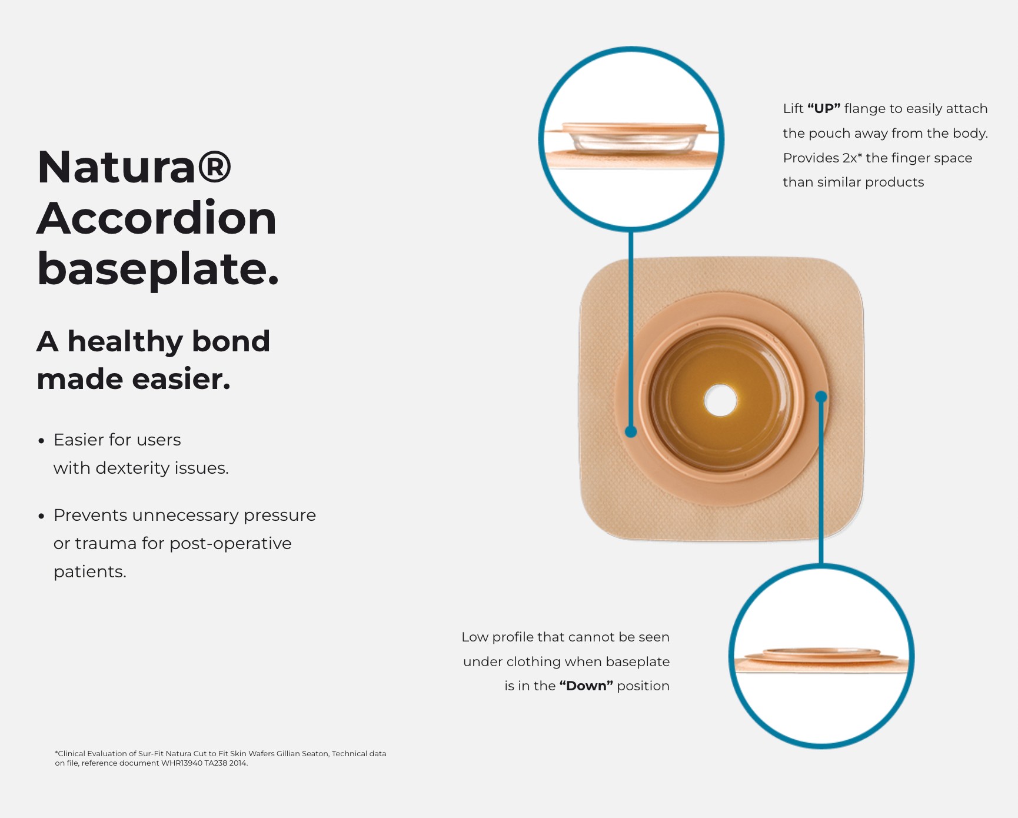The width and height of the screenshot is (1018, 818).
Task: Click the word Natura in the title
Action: click(116, 168)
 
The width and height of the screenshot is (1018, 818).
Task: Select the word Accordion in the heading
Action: click(157, 218)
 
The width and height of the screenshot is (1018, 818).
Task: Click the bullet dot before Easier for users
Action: click(41, 441)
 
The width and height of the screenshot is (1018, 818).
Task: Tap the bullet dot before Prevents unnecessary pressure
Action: click(41, 516)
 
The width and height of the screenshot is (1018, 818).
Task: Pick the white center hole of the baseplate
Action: click(720, 400)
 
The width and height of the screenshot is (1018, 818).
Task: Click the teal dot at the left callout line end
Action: click(631, 432)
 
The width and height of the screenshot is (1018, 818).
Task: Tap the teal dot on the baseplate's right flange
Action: click(821, 397)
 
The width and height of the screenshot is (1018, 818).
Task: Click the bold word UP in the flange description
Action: click(824, 109)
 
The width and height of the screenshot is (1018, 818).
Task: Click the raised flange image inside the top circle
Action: click(631, 139)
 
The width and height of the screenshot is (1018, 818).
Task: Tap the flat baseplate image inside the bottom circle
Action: click(821, 658)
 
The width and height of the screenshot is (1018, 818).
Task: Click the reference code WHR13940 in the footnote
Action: click(182, 763)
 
